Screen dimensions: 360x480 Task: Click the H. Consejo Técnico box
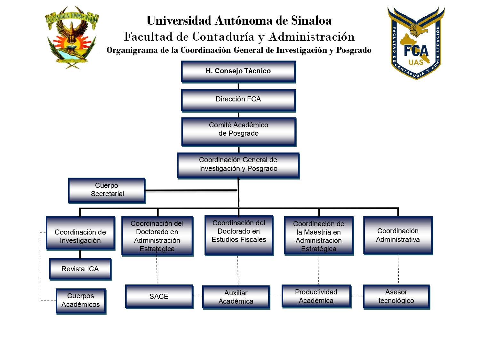pyautogui.click(x=238, y=71)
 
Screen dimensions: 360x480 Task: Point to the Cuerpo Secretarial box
pyautogui.click(x=107, y=190)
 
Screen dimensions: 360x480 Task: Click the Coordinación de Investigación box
pyautogui.click(x=80, y=233)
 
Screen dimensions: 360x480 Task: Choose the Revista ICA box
pyautogui.click(x=80, y=269)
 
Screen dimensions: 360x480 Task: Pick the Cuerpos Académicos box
pyautogui.click(x=81, y=301)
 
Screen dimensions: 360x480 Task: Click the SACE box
pyautogui.click(x=159, y=296)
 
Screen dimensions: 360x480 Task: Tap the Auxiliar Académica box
pyautogui.click(x=236, y=297)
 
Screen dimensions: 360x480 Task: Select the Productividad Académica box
pyautogui.click(x=316, y=296)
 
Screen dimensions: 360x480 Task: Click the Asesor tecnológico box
pyautogui.click(x=396, y=297)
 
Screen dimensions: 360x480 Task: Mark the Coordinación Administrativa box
pyautogui.click(x=398, y=235)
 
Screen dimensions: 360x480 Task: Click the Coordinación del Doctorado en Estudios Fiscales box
pyautogui.click(x=239, y=235)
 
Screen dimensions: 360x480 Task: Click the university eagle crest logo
pyautogui.click(x=72, y=37)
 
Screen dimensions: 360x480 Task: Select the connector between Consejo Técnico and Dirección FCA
pyautogui.click(x=238, y=86)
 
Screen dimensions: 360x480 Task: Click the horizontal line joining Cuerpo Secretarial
pyautogui.click(x=191, y=190)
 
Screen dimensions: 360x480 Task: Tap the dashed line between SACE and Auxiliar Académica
pyautogui.click(x=198, y=296)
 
